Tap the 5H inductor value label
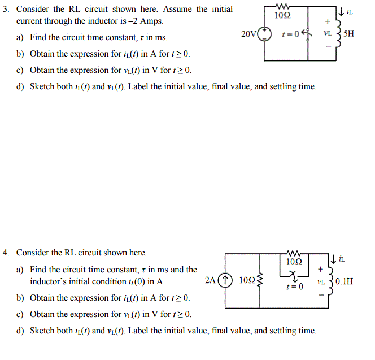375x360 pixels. (x=350, y=33)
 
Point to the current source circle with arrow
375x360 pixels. (x=225, y=280)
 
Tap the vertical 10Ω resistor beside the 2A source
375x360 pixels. (x=260, y=280)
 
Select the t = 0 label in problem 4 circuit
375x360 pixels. (x=294, y=287)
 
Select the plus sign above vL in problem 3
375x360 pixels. (x=326, y=21)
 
